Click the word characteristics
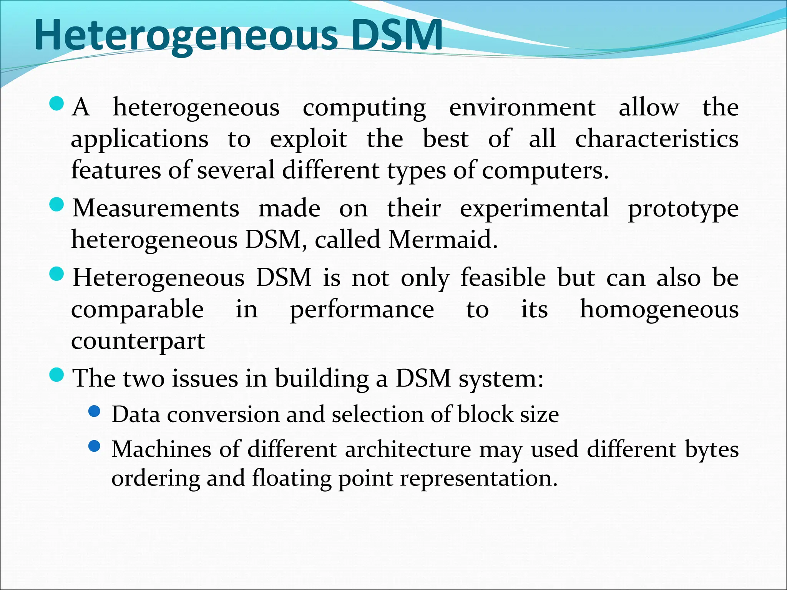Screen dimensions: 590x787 [x=656, y=139]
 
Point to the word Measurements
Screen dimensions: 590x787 [x=156, y=209]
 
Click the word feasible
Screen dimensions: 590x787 [x=503, y=278]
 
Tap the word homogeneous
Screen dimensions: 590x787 [x=659, y=310]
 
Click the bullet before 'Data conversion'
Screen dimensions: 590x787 [x=94, y=412]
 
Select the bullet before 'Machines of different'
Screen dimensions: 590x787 [x=94, y=446]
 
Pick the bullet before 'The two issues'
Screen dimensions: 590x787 [x=57, y=375]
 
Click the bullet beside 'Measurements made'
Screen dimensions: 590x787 [x=57, y=205]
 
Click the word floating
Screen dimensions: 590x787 [x=292, y=479]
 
